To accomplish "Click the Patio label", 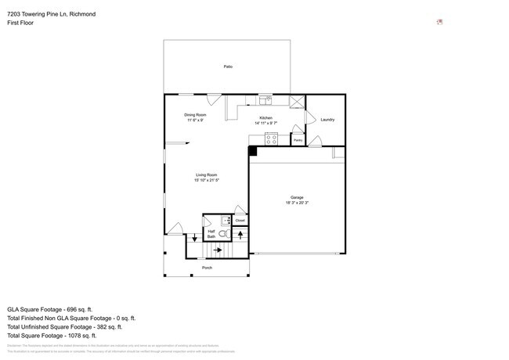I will pos(228,67).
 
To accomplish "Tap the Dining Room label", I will pos(195,115).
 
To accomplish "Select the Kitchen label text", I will pos(266,118).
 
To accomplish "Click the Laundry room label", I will pos(327,120).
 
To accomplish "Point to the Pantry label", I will pos(298,140).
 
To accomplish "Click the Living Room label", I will pos(206,175).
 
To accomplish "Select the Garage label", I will pos(297,197).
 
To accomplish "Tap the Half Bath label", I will pos(211,233).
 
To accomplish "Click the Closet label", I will pos(240,221).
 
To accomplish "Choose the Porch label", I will pos(207,268).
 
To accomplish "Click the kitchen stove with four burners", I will pos(272,139).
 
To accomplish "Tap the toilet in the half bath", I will pos(222,233).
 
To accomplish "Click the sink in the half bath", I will pos(224,220).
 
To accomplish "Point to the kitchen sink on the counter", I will pos(265,100).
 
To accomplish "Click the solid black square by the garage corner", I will pos(253,150).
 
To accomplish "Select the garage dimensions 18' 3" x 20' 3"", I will pos(297,203).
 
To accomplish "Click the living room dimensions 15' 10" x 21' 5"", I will pos(206,180).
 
